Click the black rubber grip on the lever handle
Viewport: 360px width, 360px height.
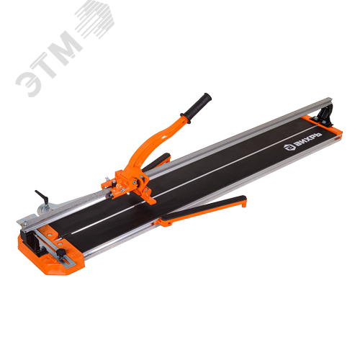click(197, 107)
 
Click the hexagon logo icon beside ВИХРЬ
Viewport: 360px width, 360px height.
click(288, 147)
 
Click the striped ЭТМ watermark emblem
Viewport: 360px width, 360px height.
click(96, 19)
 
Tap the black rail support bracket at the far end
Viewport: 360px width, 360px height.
click(326, 116)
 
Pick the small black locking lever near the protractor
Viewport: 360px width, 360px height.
click(42, 197)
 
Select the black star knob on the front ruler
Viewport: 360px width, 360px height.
click(60, 252)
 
